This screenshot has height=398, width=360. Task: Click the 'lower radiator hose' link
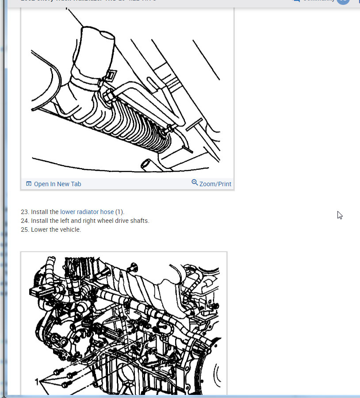pyautogui.click(x=87, y=212)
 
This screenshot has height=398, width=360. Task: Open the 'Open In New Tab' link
pyautogui.click(x=57, y=184)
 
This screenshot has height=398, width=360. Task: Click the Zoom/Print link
pyautogui.click(x=215, y=184)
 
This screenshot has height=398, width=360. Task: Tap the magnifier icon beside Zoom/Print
pyautogui.click(x=195, y=183)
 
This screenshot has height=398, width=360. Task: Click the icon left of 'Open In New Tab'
pyautogui.click(x=29, y=184)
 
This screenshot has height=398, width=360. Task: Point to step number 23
pyautogui.click(x=25, y=212)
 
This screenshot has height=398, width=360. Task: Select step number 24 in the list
pyautogui.click(x=25, y=221)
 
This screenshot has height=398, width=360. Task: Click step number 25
pyautogui.click(x=25, y=230)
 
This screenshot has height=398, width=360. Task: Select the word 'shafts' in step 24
pyautogui.click(x=139, y=221)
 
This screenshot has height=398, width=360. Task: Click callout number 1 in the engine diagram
pyautogui.click(x=37, y=381)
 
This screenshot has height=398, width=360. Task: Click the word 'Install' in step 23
pyautogui.click(x=39, y=212)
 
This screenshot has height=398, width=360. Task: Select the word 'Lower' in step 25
pyautogui.click(x=39, y=230)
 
